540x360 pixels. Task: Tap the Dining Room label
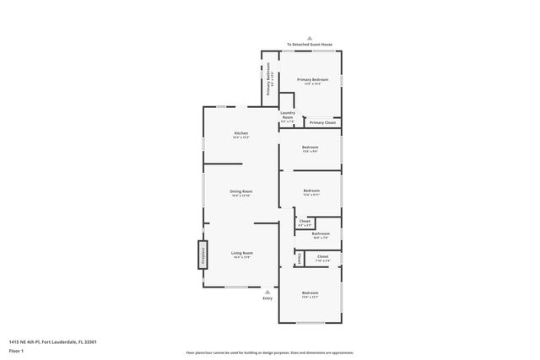[241, 192]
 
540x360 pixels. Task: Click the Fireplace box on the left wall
[202, 254]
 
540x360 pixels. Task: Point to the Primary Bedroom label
[311, 80]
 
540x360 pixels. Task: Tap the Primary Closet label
[322, 123]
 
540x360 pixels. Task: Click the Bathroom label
[321, 234]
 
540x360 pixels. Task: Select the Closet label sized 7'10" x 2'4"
[322, 258]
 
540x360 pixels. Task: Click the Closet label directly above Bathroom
[305, 223]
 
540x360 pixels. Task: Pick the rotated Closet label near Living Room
[299, 259]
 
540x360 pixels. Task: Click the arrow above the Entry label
[267, 292]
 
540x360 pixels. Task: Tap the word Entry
[267, 298]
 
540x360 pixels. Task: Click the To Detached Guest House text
[310, 44]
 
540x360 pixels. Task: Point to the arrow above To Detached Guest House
[310, 38]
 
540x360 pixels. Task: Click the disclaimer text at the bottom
[269, 352]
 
